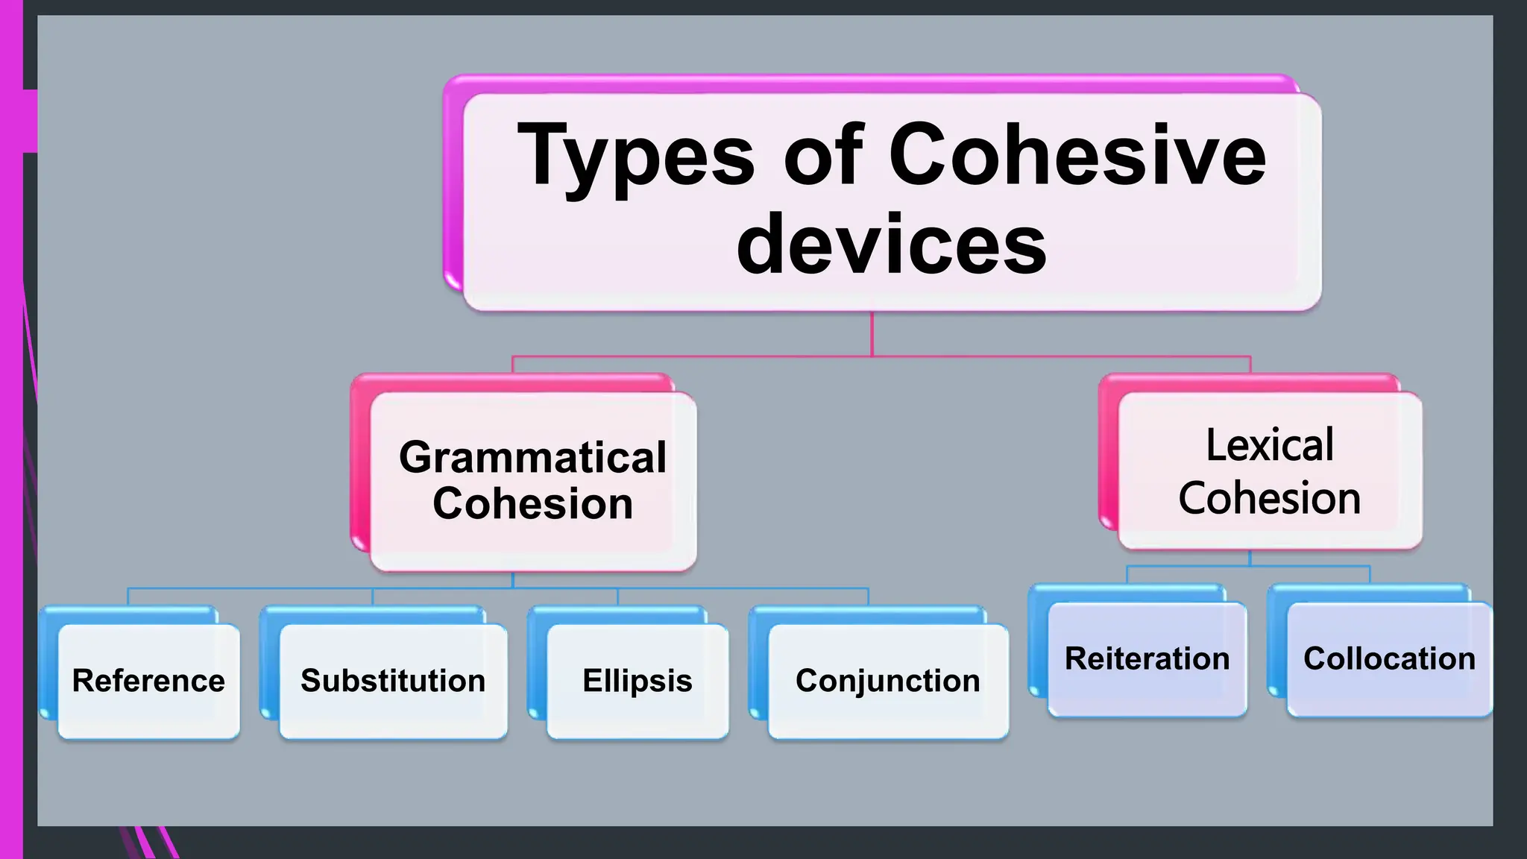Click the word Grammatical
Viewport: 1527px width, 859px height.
coord(532,457)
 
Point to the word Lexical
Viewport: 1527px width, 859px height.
coord(1270,445)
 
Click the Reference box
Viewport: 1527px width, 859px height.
coord(149,681)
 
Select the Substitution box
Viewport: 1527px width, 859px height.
coord(393,681)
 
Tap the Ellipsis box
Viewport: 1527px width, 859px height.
coord(637,681)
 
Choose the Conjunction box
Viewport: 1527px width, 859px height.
coord(887,681)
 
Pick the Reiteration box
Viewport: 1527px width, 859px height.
coord(1147,659)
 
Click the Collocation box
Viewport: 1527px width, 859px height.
coord(1389,659)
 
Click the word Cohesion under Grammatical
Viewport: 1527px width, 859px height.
coord(532,503)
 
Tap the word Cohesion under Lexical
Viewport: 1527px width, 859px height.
coord(1270,498)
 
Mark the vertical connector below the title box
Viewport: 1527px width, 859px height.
coord(872,333)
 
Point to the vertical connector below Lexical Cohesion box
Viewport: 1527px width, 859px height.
coord(1250,558)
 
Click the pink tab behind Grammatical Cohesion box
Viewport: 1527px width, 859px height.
coord(360,462)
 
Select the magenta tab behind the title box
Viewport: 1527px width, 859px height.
coord(453,186)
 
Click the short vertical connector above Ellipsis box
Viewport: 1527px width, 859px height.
coord(617,597)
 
